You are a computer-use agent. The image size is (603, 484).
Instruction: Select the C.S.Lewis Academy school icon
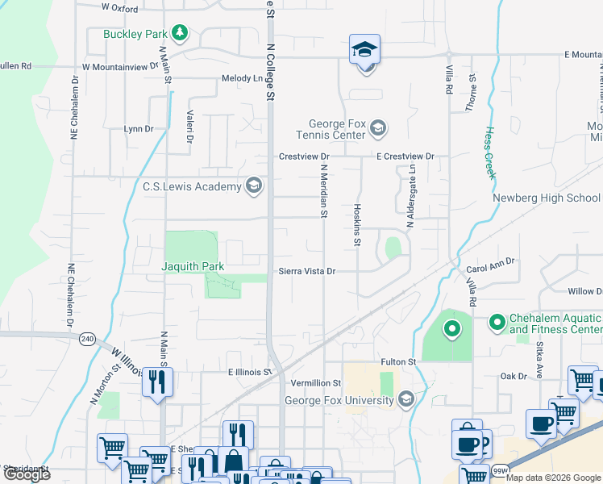point(254,186)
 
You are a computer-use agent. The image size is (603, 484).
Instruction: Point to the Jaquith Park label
point(193,266)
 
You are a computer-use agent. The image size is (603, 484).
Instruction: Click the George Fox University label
point(339,400)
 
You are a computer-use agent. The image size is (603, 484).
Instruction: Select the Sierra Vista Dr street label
point(306,272)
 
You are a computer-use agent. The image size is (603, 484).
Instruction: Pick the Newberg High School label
point(547,198)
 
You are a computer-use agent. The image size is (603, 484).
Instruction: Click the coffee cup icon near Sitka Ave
point(541,423)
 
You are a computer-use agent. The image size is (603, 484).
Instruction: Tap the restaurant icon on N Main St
point(157,381)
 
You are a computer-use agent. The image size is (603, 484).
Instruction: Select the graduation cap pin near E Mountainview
point(364,49)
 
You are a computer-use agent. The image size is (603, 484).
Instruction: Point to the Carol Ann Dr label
point(490,263)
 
